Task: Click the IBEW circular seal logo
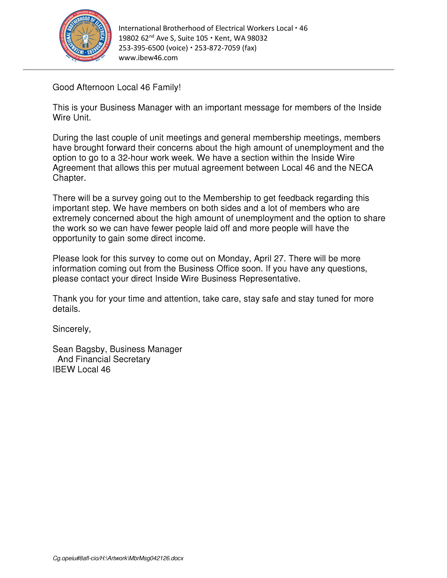[x=85, y=36]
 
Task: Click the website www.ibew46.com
[x=148, y=58]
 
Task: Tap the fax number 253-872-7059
[x=217, y=48]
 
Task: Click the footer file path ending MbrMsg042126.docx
[x=118, y=558]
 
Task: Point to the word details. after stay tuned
[x=66, y=309]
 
